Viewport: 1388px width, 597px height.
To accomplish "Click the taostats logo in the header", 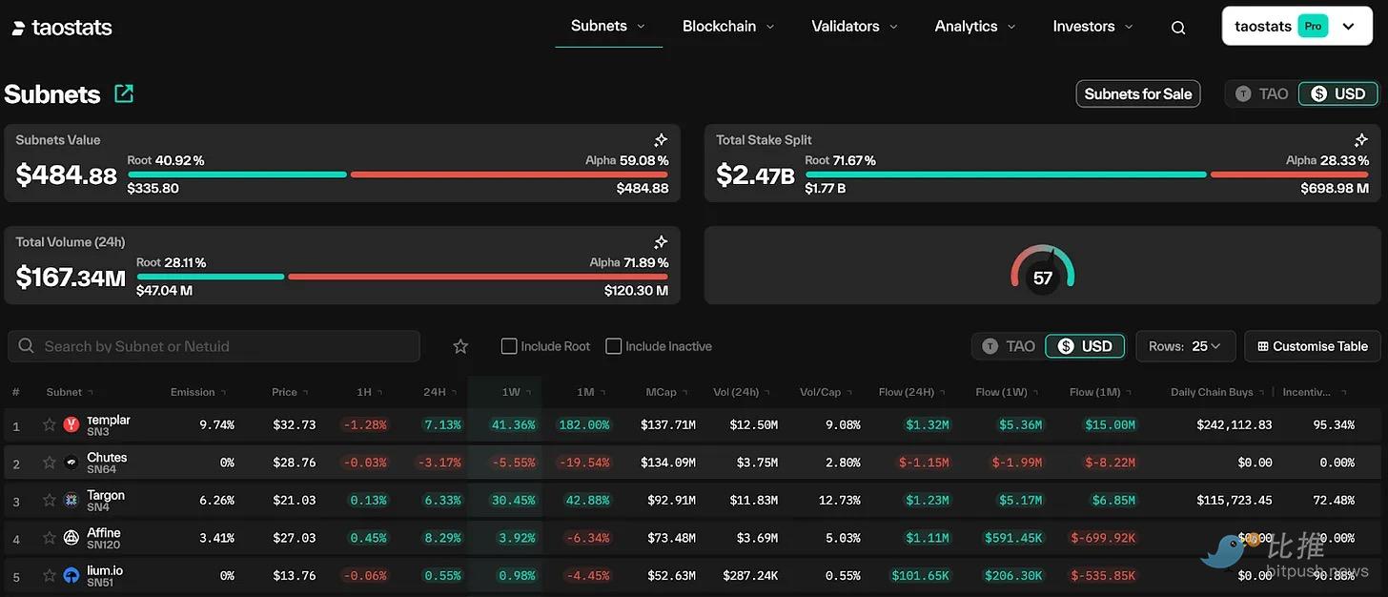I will tap(62, 28).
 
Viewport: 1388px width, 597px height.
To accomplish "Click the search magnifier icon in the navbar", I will tap(1178, 28).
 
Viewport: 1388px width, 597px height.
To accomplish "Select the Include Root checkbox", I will tap(509, 346).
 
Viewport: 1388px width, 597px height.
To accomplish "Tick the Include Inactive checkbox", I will tap(614, 346).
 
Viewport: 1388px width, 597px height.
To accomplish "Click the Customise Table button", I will tap(1312, 346).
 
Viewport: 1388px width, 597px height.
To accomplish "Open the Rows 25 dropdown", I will tap(1185, 346).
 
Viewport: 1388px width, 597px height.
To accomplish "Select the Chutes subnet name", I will tap(107, 458).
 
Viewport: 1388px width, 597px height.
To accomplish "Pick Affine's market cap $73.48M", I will tap(671, 538).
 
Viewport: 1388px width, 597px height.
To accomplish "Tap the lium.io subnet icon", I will tap(71, 576).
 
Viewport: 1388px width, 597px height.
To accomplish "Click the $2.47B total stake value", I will tap(755, 175).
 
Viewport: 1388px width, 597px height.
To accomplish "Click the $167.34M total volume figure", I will tap(71, 278).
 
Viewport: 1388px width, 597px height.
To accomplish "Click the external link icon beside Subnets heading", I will tap(124, 93).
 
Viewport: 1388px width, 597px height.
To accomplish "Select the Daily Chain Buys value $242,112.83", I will tap(1234, 425).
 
